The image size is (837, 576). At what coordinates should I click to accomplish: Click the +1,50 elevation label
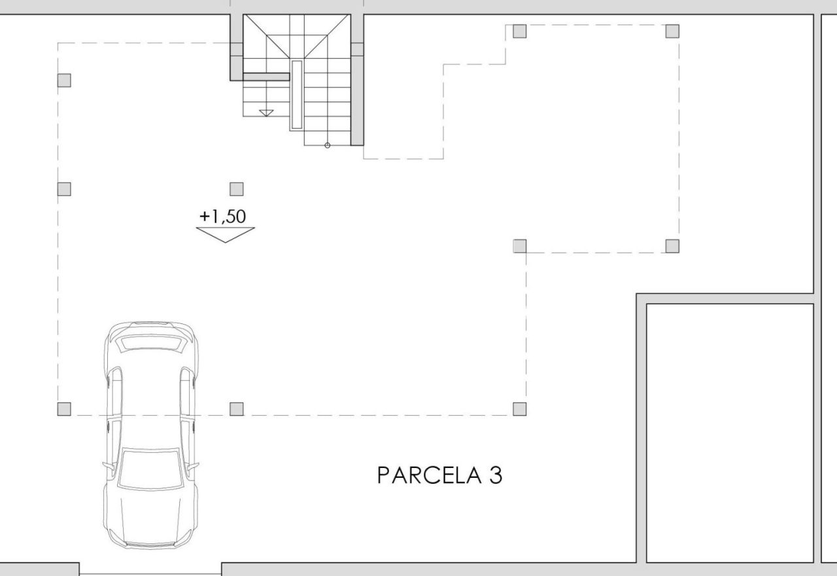[223, 217]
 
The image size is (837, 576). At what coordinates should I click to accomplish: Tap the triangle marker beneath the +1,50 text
[226, 234]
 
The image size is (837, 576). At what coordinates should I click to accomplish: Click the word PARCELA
[430, 475]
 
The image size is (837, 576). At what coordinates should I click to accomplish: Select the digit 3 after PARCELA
[496, 475]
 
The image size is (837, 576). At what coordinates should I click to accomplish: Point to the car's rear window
[150, 343]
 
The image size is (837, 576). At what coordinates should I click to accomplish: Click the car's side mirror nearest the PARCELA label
[193, 467]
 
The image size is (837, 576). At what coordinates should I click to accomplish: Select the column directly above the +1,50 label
[237, 189]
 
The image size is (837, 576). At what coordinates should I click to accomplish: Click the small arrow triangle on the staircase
[266, 113]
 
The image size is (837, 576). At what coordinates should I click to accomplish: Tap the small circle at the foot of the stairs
[328, 145]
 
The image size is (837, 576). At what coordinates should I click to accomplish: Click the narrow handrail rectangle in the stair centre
[297, 95]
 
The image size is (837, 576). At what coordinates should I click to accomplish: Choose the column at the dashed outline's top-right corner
[672, 31]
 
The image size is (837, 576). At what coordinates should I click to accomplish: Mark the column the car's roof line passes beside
[64, 409]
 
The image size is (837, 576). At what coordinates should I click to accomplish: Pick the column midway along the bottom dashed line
[237, 409]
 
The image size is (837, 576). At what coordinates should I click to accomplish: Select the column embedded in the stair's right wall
[357, 49]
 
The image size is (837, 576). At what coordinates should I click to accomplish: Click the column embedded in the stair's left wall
[237, 49]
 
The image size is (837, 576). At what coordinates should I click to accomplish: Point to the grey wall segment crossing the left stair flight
[266, 77]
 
